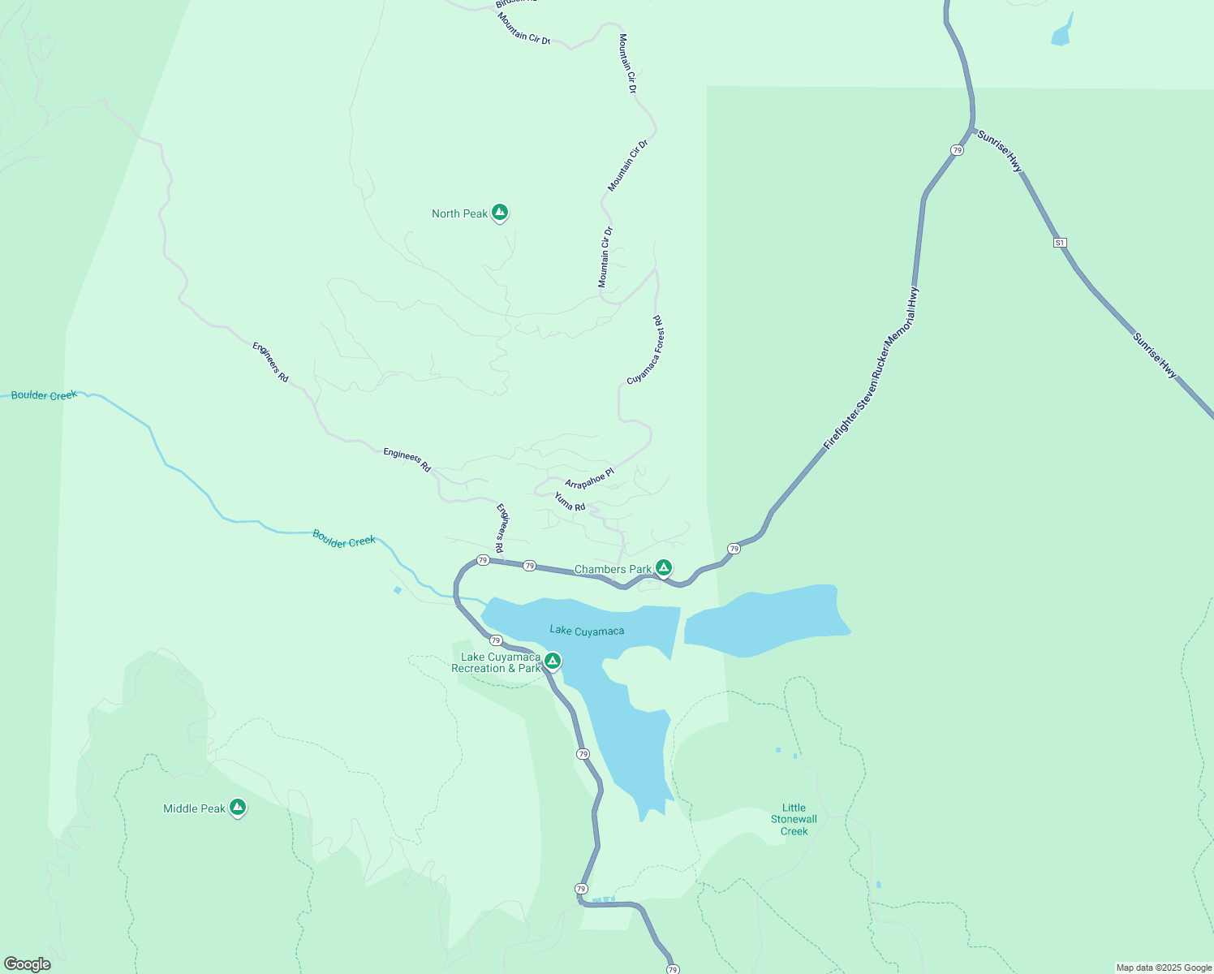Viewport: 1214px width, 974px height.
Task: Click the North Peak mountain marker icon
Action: [500, 213]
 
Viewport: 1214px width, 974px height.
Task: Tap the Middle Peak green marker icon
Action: [238, 807]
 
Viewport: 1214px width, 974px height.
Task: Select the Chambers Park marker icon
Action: [664, 567]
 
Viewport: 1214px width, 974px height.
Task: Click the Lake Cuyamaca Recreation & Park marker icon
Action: [552, 661]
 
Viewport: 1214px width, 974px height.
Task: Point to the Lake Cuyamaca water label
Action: [587, 631]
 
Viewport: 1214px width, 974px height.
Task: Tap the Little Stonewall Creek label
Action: [794, 819]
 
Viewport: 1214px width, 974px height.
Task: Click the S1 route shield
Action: [1059, 243]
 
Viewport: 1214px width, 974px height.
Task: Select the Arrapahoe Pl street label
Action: [589, 478]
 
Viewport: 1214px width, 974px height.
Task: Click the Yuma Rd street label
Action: [570, 502]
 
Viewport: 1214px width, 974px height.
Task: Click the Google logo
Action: [28, 964]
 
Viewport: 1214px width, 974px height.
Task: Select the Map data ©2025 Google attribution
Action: [1164, 968]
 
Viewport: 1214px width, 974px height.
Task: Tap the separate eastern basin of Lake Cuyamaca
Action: [767, 618]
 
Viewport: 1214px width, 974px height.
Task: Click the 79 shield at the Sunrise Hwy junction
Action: [958, 150]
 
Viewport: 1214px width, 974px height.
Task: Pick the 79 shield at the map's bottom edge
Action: [672, 969]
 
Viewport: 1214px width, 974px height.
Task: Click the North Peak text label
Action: [459, 213]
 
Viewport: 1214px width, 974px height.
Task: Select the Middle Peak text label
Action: [194, 808]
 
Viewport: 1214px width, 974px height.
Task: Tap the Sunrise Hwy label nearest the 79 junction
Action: [1000, 150]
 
